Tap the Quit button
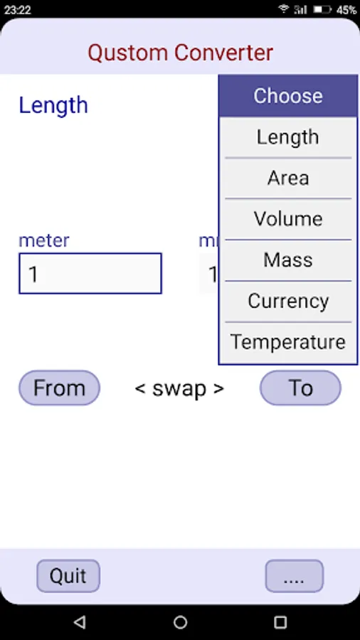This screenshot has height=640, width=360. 68,575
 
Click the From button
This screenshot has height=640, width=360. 59,388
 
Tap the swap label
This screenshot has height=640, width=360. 179,388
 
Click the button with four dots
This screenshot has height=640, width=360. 295,575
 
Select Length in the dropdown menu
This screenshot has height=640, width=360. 287,137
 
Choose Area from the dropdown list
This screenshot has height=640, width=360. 287,178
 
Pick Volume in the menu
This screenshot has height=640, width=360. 287,219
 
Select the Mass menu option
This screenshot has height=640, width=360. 287,260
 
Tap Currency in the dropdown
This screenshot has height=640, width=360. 287,302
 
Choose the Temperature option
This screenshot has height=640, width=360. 287,342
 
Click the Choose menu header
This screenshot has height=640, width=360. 287,96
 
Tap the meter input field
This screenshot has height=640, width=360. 90,274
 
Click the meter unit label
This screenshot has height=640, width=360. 44,240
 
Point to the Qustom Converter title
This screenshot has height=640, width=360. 181,53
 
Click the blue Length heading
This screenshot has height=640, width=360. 53,106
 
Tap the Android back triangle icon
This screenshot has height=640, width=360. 80,622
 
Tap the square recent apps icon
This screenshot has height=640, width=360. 280,622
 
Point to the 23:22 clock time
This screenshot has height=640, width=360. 18,9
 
